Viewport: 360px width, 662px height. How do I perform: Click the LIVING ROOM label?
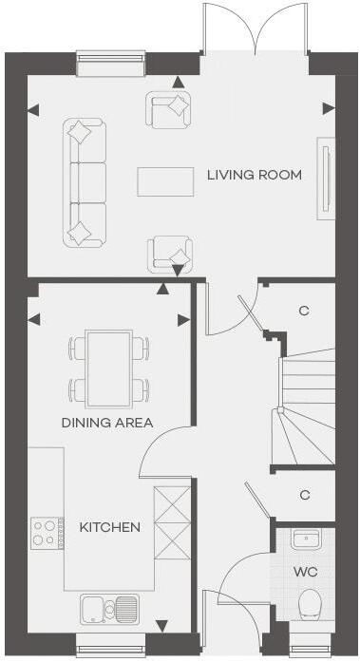coord(255,175)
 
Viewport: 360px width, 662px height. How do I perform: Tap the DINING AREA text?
coord(107,423)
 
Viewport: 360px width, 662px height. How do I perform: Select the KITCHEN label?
coord(110,527)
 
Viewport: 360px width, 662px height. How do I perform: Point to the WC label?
coord(306,573)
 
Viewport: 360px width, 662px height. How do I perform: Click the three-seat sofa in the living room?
coord(85,182)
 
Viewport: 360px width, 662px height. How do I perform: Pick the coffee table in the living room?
coord(164,181)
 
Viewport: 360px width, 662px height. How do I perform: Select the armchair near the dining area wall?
coord(170,254)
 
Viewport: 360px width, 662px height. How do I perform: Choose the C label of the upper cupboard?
coord(305,311)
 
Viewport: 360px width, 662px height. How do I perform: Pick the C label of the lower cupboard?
coord(305,495)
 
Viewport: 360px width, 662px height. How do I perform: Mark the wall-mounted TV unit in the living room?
coord(326,175)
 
